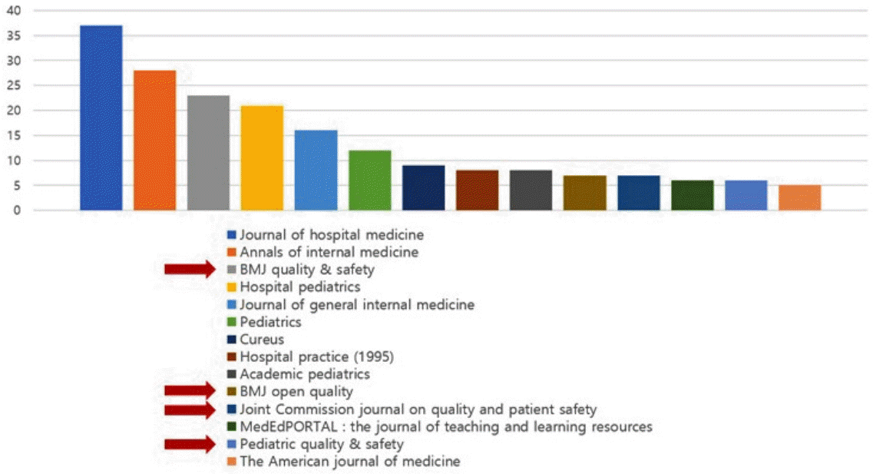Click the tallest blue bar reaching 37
click(101, 118)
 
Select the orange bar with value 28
click(155, 141)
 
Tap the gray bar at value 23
click(208, 153)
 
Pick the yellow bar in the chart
click(262, 157)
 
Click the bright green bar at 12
click(369, 181)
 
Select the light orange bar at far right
click(799, 197)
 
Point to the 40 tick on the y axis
click(14, 11)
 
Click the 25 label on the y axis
click(14, 85)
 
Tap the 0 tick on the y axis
click(17, 210)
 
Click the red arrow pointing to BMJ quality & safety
click(190, 270)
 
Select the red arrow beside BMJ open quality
click(190, 391)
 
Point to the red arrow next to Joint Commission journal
click(190, 410)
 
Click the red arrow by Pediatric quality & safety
click(190, 444)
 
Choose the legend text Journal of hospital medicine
click(332, 235)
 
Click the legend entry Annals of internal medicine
click(329, 252)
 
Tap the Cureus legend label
click(262, 340)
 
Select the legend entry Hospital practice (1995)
click(317, 357)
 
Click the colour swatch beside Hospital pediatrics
click(232, 287)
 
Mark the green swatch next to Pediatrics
click(232, 322)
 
